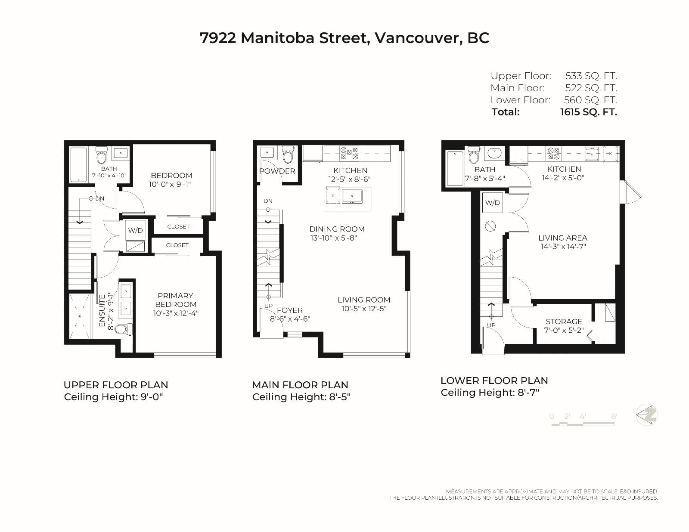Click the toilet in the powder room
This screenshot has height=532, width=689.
[x=288, y=155]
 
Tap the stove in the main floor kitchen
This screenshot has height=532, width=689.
[x=349, y=153]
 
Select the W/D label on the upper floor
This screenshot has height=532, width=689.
[x=135, y=230]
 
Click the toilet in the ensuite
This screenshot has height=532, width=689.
[x=123, y=328]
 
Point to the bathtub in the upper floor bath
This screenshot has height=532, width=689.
[x=78, y=165]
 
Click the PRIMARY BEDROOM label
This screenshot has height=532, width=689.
[x=175, y=300]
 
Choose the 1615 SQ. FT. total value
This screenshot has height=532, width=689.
[x=589, y=112]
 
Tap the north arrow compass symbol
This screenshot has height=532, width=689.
[x=647, y=415]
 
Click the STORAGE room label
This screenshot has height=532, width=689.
[x=564, y=321]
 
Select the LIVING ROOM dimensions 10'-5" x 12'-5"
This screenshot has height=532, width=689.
[x=364, y=308]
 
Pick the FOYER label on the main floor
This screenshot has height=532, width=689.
[x=290, y=310]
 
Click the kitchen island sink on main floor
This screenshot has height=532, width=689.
[x=352, y=196]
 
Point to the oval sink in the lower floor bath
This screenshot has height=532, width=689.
[x=494, y=153]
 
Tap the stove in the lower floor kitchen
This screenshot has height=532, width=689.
[x=554, y=153]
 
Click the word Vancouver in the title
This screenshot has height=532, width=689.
[x=416, y=38]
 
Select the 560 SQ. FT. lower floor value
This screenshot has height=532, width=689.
[x=590, y=100]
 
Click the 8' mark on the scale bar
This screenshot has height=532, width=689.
[x=614, y=416]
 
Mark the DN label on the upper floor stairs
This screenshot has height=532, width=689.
[x=99, y=199]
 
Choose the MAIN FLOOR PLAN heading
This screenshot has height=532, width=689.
[x=300, y=385]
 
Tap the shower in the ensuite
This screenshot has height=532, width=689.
[x=80, y=316]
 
